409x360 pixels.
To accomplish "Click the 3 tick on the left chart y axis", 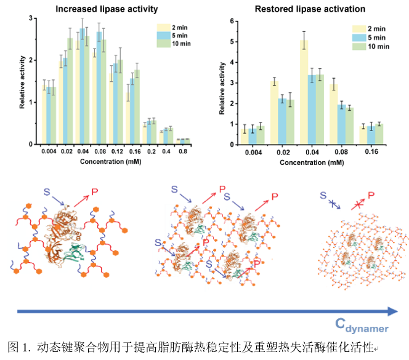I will tap(31, 18).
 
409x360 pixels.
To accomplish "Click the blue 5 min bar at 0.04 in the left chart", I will tap(83, 86).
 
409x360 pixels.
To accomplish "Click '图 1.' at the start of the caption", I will tap(19, 346).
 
